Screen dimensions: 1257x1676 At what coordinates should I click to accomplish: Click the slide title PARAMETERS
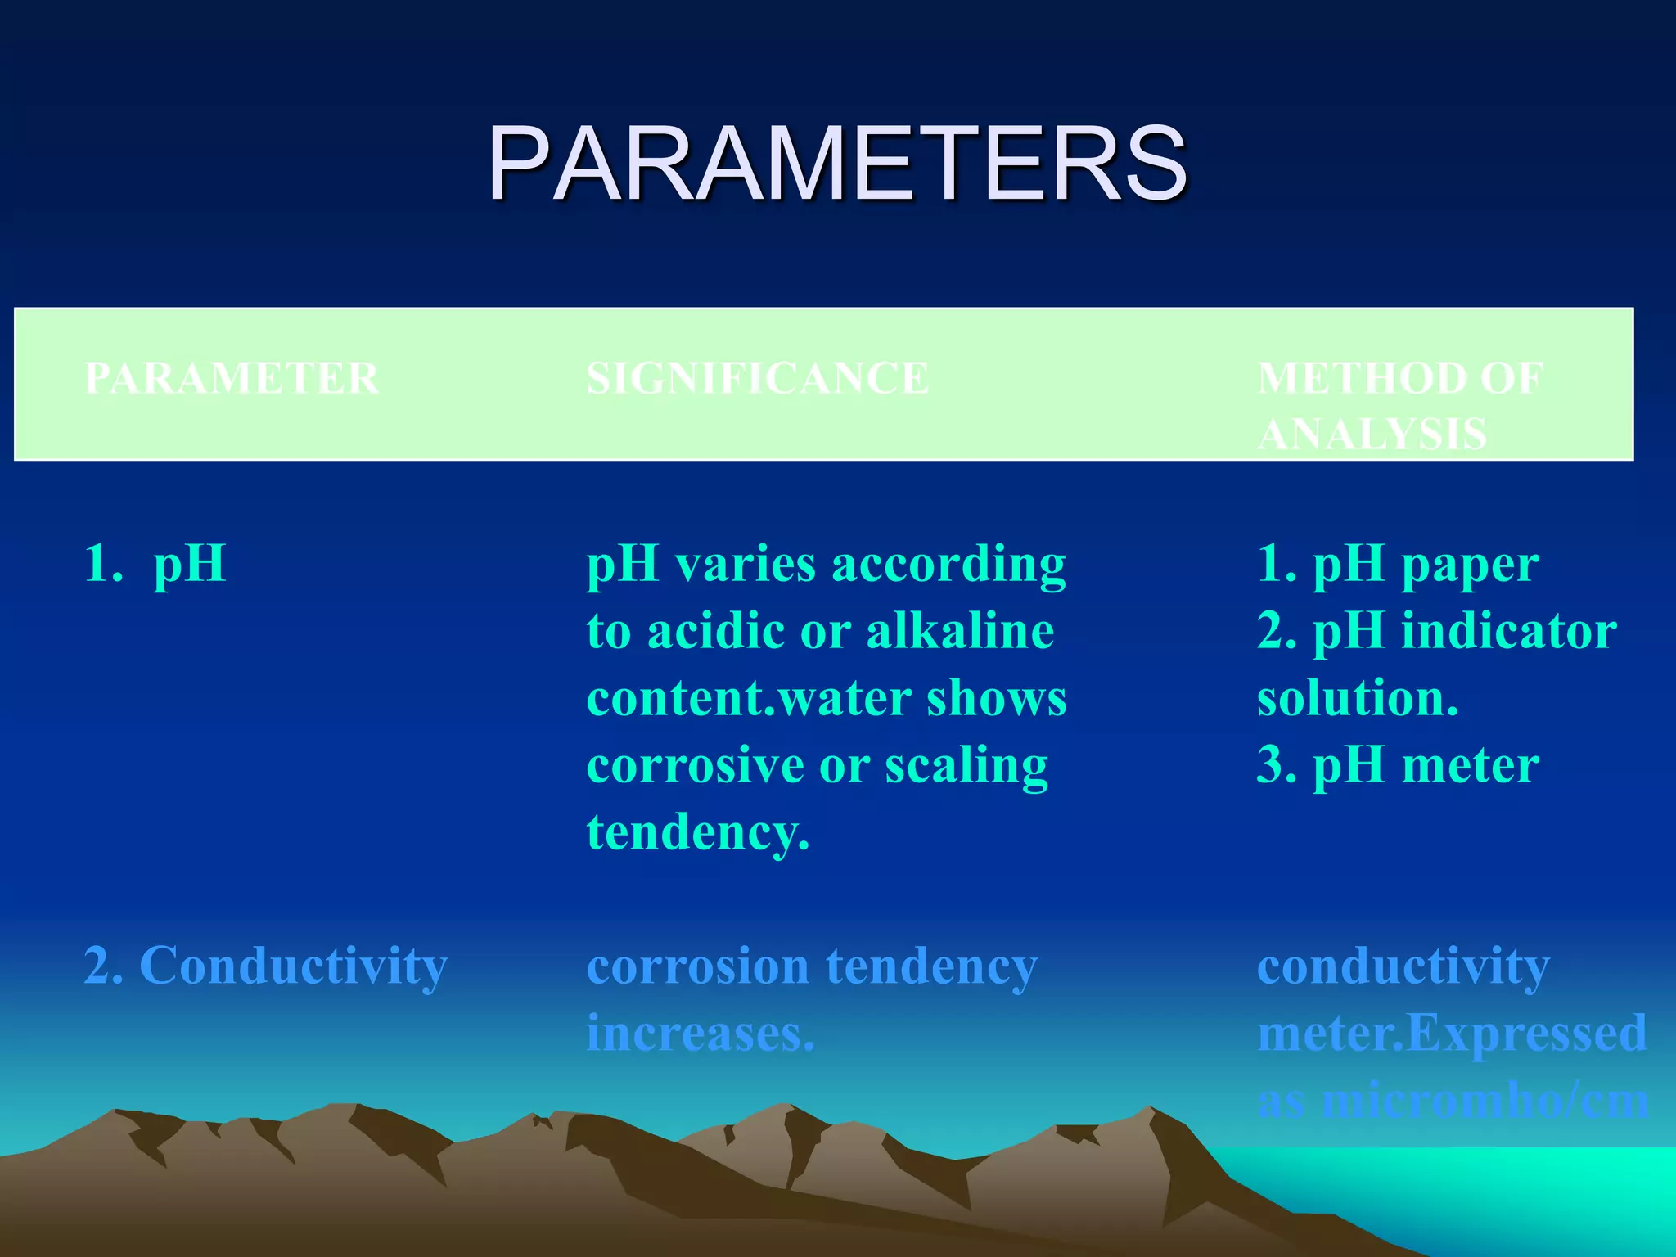pyautogui.click(x=836, y=164)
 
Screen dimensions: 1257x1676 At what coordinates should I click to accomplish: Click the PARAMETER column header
pyautogui.click(x=232, y=379)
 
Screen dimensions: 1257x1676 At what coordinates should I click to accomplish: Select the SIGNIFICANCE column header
pyautogui.click(x=758, y=379)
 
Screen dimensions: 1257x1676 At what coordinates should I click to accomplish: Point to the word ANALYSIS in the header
pyautogui.click(x=1372, y=434)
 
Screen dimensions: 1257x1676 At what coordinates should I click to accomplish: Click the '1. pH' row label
pyautogui.click(x=155, y=564)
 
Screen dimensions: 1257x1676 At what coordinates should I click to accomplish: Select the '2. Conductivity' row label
pyautogui.click(x=266, y=966)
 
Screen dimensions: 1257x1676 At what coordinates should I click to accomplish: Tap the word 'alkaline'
pyautogui.click(x=960, y=631)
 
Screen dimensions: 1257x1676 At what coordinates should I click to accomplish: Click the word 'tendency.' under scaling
pyautogui.click(x=698, y=832)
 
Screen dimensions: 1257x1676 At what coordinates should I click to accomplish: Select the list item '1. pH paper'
pyautogui.click(x=1397, y=564)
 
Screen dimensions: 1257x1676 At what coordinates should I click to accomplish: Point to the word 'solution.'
pyautogui.click(x=1357, y=698)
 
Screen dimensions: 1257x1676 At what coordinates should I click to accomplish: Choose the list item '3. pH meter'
pyautogui.click(x=1397, y=765)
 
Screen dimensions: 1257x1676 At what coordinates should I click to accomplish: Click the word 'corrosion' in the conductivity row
pyautogui.click(x=698, y=966)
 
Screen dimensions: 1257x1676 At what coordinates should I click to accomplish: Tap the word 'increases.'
pyautogui.click(x=701, y=1034)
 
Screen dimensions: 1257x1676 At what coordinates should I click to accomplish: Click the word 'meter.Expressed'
pyautogui.click(x=1451, y=1034)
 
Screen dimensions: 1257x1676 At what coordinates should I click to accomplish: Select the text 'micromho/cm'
pyautogui.click(x=1485, y=1101)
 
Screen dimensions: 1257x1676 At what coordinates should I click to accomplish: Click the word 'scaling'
pyautogui.click(x=966, y=765)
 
